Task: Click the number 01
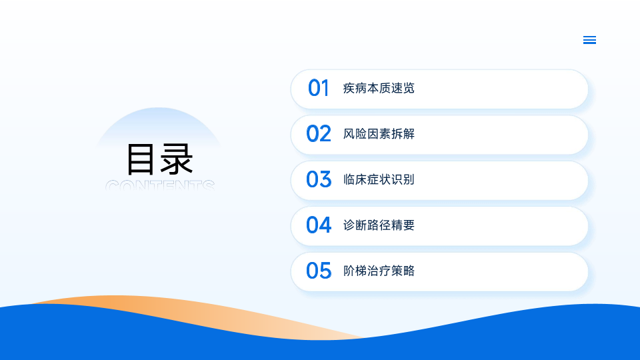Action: point(319,88)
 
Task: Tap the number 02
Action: point(319,134)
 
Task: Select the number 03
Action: point(319,179)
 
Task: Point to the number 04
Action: point(319,225)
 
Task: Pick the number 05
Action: point(319,271)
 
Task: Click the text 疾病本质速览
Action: point(379,88)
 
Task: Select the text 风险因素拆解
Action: point(379,134)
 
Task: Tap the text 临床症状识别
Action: point(379,179)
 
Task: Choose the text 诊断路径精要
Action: point(379,225)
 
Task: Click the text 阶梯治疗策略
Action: point(379,271)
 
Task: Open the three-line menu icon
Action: point(589,40)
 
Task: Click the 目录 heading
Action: point(159,159)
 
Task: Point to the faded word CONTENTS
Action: point(160,185)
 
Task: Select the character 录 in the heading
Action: point(177,159)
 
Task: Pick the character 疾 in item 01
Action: point(349,88)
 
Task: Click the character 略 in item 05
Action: point(409,271)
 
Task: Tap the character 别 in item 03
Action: point(409,179)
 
